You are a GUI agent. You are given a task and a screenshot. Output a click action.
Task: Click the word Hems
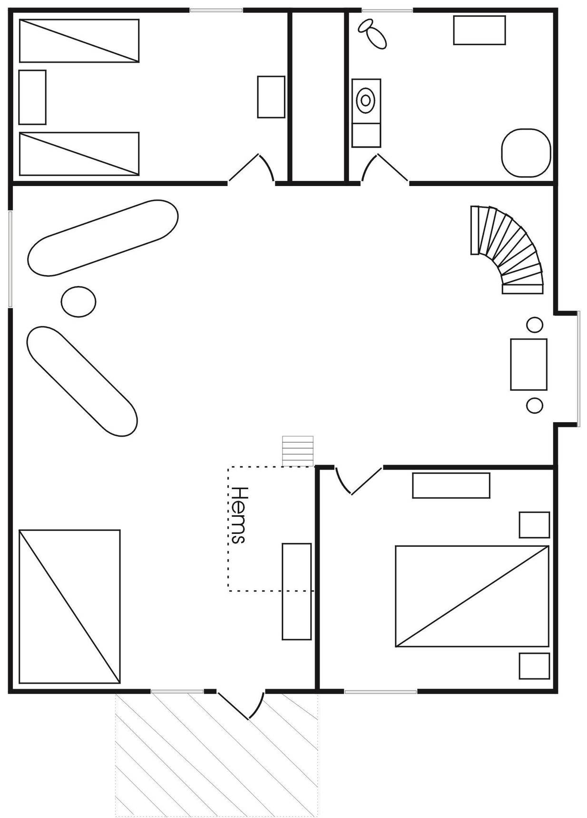[239, 515]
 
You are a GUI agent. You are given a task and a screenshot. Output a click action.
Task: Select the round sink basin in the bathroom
[366, 100]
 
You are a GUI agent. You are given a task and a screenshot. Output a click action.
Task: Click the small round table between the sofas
[78, 302]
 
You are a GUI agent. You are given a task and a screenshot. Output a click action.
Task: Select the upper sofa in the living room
[103, 237]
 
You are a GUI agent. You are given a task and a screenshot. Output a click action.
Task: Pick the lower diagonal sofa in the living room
[82, 381]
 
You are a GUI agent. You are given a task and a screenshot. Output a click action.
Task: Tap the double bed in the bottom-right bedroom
[472, 596]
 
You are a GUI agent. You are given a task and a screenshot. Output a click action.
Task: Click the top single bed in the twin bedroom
[79, 40]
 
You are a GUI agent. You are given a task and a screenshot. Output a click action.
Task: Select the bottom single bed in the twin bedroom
[79, 154]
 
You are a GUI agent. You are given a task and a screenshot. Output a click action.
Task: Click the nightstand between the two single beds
[32, 97]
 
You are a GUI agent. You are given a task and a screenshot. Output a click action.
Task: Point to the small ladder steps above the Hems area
[298, 451]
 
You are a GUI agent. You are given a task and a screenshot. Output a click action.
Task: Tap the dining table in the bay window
[528, 364]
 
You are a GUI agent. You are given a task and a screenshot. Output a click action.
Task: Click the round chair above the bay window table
[535, 325]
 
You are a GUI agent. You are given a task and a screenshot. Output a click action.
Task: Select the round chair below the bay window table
[535, 405]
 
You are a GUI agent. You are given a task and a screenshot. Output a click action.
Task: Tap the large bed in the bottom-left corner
[69, 606]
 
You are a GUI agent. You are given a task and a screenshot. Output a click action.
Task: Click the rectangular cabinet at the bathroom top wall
[479, 30]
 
